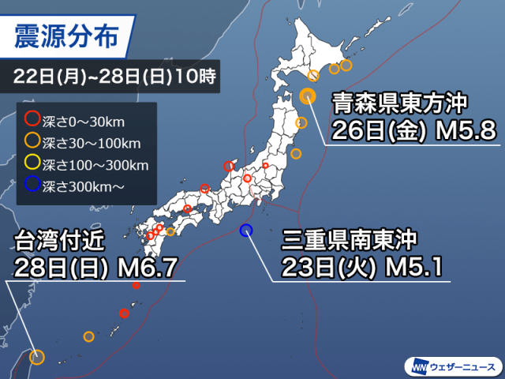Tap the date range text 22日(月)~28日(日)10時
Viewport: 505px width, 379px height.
click(114, 78)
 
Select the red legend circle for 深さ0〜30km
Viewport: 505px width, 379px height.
click(32, 121)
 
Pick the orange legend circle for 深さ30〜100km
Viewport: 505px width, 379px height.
click(32, 142)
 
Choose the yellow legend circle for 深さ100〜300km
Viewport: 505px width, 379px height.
click(32, 164)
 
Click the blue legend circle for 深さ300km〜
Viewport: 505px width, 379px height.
click(32, 186)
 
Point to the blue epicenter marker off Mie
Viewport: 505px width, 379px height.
click(245, 231)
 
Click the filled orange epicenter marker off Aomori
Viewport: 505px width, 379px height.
click(308, 96)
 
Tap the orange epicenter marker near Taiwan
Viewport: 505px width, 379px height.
click(36, 357)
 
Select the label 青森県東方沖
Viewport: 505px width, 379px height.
click(400, 103)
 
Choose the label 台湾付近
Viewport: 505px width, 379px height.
click(59, 239)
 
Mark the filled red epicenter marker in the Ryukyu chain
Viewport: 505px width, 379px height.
click(124, 313)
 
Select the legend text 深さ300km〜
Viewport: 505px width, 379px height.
click(83, 186)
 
